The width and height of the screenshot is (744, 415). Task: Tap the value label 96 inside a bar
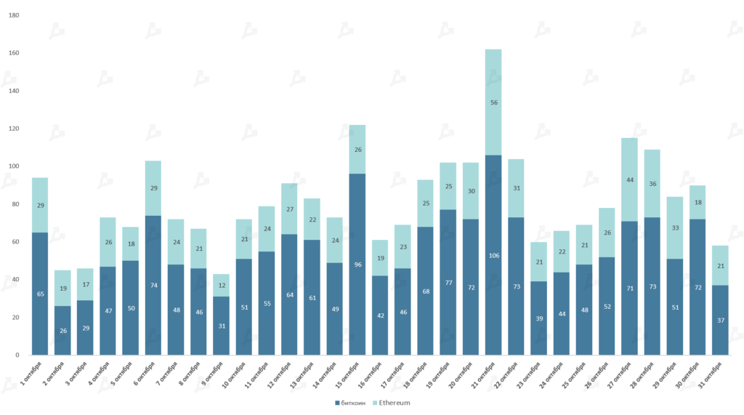pos(357,265)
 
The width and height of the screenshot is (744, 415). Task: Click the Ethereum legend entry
pos(393,403)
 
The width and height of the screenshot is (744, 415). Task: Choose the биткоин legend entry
pos(349,403)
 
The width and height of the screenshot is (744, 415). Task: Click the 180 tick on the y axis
pos(15,15)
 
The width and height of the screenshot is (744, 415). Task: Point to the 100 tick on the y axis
pos(15,166)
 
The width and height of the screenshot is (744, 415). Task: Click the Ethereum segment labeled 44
pos(629,180)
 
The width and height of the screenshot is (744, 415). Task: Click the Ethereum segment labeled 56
pos(493,102)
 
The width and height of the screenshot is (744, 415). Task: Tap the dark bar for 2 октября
pos(62,331)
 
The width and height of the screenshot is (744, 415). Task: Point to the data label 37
pos(719,321)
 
